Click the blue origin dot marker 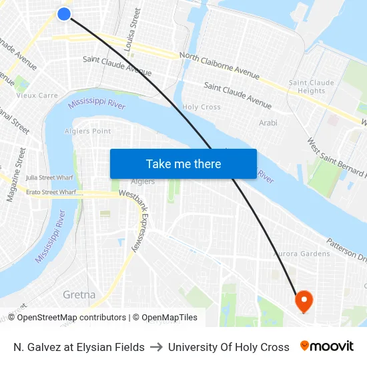pos(64,13)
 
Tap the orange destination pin pos(304,301)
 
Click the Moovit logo pos(327,346)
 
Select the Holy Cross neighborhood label pos(202,107)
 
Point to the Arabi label pos(268,123)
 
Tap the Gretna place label pos(79,294)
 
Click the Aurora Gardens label pos(301,254)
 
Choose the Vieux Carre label pos(37,95)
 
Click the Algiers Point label pos(89,131)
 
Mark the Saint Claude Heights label pos(312,87)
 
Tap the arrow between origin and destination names pos(156,347)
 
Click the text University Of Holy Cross pos(229,347)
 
